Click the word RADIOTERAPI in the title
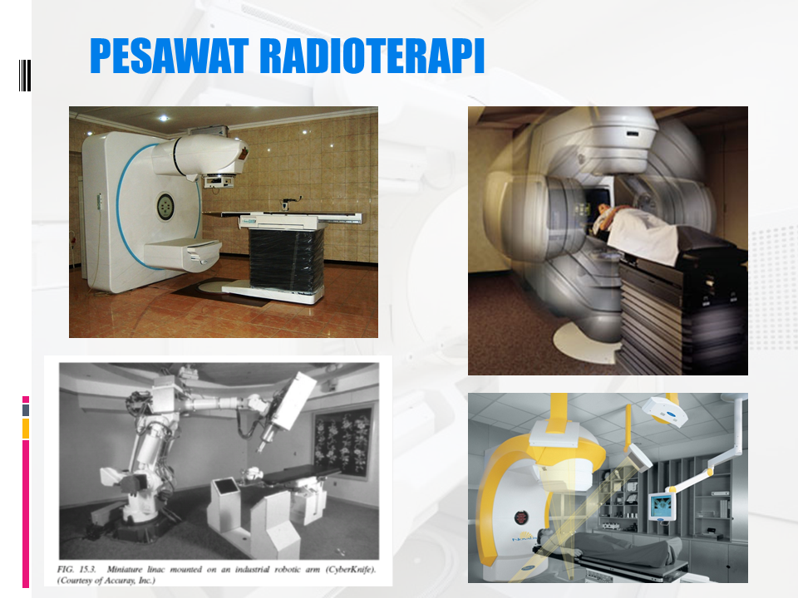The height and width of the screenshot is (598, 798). coord(372,56)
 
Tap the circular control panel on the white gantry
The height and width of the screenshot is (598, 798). coord(165,203)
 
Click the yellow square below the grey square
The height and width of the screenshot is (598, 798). coord(26,428)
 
